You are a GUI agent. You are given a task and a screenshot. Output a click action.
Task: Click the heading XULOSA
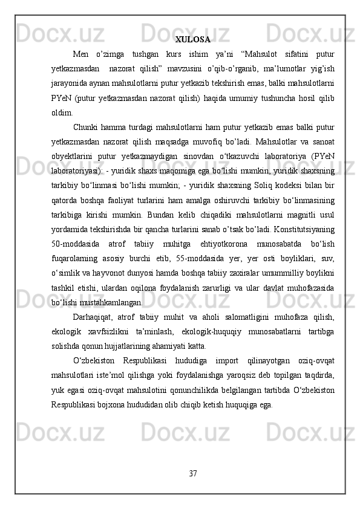[192, 40]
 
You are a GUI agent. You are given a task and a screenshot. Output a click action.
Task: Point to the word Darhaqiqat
[94, 317]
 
